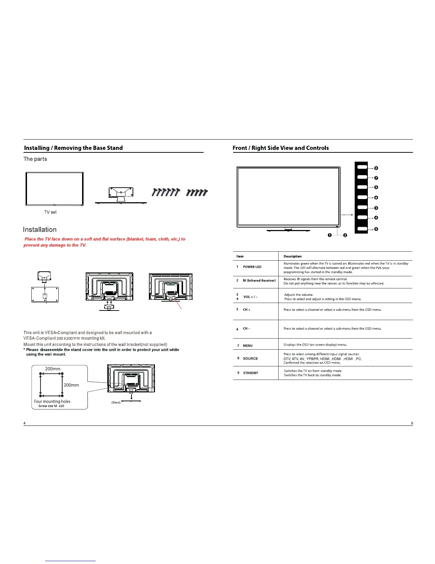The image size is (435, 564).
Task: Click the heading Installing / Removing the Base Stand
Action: [x=73, y=148]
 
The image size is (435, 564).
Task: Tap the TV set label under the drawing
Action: [x=50, y=212]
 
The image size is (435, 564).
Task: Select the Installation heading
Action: [x=40, y=230]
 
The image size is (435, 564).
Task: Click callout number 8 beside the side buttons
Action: [x=376, y=168]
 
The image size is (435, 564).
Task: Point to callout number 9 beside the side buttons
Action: [x=376, y=229]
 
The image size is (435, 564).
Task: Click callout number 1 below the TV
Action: [x=330, y=235]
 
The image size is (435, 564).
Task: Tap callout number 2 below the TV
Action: [x=345, y=235]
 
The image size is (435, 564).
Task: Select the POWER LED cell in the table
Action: [x=252, y=267]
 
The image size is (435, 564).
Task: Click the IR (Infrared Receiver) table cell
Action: [x=259, y=281]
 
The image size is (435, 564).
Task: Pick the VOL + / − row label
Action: [x=250, y=297]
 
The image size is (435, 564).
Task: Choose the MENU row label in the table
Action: [x=248, y=345]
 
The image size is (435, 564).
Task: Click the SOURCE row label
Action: [x=250, y=359]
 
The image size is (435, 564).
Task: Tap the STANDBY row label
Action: [x=251, y=373]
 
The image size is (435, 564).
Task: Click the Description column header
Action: [x=292, y=256]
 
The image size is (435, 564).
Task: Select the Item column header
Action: [x=240, y=256]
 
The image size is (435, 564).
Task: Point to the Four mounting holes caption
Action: [x=52, y=401]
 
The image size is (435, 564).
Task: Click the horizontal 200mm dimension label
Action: [x=53, y=369]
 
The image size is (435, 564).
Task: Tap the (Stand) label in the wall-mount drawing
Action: [x=116, y=402]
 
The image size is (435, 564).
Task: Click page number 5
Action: [x=412, y=423]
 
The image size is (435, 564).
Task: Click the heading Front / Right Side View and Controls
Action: [x=280, y=148]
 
